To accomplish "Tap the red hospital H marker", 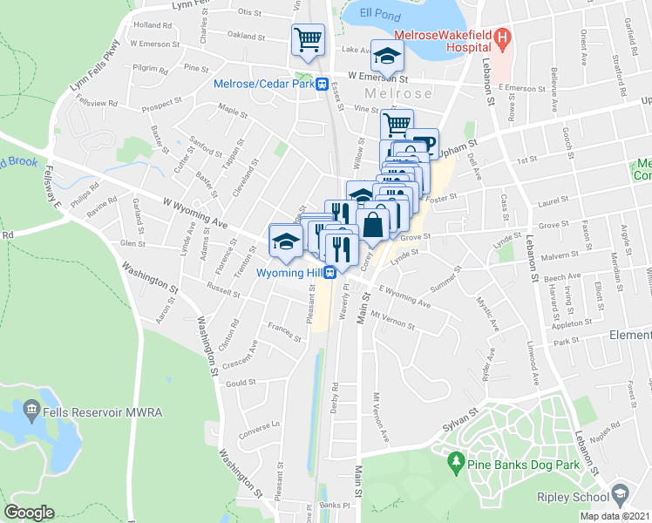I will [502, 38].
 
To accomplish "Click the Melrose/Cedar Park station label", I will [264, 85].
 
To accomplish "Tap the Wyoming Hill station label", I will [289, 272].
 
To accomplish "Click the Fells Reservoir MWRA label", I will [80, 410].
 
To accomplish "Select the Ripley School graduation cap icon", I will [619, 494].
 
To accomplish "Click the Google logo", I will [28, 513].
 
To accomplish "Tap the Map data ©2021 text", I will [615, 516].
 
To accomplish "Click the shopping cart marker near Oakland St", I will [307, 39].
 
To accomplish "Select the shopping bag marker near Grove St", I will [373, 224].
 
